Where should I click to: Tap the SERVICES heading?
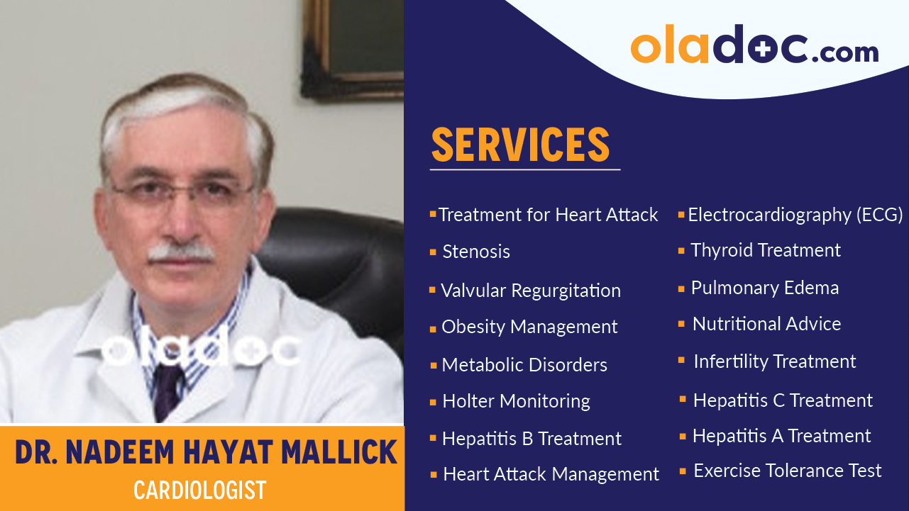pyautogui.click(x=520, y=145)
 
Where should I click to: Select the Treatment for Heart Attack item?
pyautogui.click(x=548, y=215)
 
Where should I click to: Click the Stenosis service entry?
pyautogui.click(x=476, y=252)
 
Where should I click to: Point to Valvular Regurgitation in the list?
pyautogui.click(x=530, y=291)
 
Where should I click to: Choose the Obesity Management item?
pyautogui.click(x=529, y=327)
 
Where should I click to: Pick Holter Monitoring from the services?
pyautogui.click(x=516, y=401)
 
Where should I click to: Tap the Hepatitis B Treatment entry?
pyautogui.click(x=531, y=439)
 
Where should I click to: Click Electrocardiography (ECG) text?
pyautogui.click(x=795, y=215)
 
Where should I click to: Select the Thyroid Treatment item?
pyautogui.click(x=766, y=250)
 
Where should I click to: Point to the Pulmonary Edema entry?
pyautogui.click(x=765, y=288)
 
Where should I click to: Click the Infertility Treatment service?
pyautogui.click(x=774, y=361)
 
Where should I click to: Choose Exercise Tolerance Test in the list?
pyautogui.click(x=787, y=471)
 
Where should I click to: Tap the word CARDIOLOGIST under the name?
pyautogui.click(x=199, y=490)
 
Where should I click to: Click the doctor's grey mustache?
pyautogui.click(x=181, y=252)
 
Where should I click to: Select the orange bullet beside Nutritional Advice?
pyautogui.click(x=681, y=324)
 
